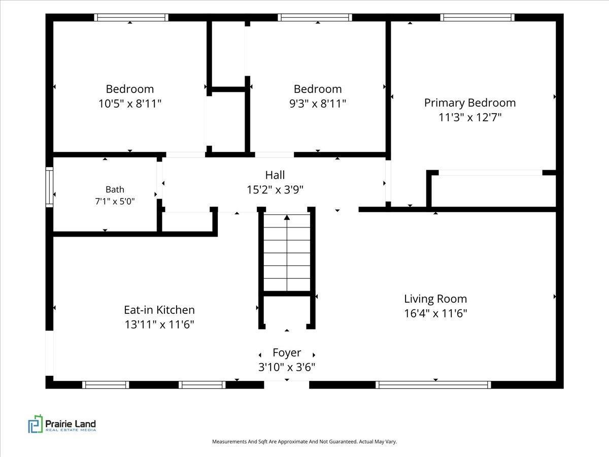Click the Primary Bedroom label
470,103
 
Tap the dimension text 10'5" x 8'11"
130,104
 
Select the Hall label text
275,175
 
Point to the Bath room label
115,189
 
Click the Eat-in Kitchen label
159,310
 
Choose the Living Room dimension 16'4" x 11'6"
435,313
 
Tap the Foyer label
287,353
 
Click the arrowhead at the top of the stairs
287,217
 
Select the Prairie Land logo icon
35,423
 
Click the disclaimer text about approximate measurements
304,441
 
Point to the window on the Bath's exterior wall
49,187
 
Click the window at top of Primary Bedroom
477,17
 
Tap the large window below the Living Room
433,385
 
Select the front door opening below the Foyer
287,385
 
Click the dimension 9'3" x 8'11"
318,104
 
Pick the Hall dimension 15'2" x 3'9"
275,190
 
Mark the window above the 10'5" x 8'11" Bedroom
131,17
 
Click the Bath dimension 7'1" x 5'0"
115,201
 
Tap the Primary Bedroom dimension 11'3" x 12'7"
470,117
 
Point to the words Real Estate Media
71,430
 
